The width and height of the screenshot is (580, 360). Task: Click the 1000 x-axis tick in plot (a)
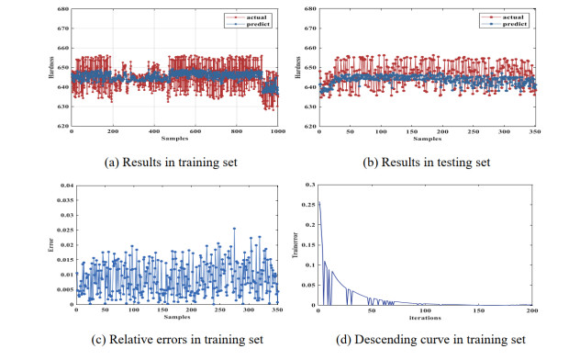276,133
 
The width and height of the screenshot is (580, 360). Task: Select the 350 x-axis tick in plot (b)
534,133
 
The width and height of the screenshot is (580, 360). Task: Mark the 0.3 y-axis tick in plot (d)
308,186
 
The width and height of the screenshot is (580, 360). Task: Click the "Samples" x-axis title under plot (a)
175,139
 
